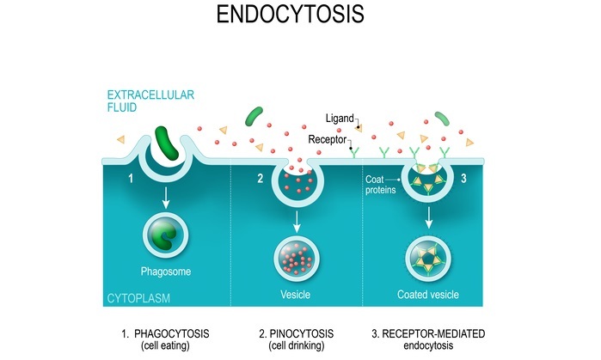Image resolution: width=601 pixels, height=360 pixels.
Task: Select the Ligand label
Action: pyautogui.click(x=340, y=117)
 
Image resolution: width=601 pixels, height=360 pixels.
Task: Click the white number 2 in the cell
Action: pyautogui.click(x=261, y=179)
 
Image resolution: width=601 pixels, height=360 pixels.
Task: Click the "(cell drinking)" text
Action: pyautogui.click(x=294, y=345)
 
